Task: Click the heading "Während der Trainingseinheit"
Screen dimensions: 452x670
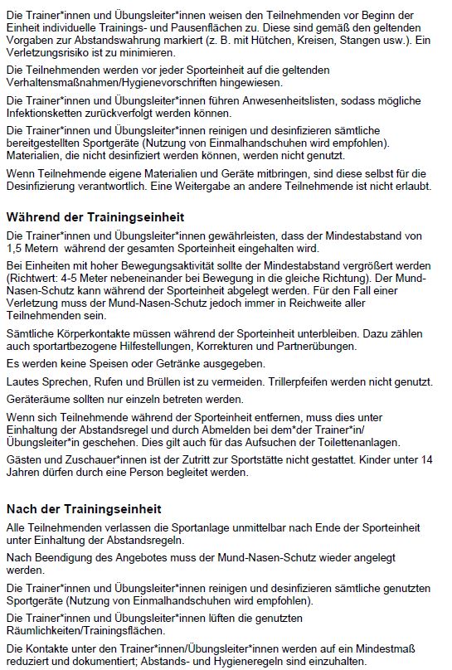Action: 95,217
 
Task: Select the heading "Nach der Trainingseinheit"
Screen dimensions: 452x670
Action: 84,508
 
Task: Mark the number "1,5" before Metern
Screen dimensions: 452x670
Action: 16,249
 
